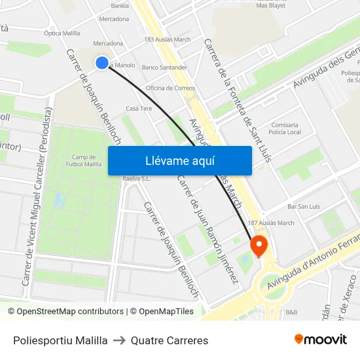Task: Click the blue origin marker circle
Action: coord(101,62)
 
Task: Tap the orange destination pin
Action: coord(259,245)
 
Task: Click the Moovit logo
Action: coord(320,339)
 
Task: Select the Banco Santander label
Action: coord(164,67)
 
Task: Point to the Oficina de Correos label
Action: coord(170,88)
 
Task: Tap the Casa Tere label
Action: coord(139,108)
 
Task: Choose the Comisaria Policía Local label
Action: coord(285,128)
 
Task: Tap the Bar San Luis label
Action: coord(304,206)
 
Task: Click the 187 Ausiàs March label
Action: coord(271,223)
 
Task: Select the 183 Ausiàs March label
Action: coord(167,40)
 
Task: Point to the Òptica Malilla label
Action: coord(62,33)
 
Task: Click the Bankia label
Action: coord(120,5)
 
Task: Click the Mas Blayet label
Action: coord(270,5)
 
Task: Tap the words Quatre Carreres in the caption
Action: coord(170,340)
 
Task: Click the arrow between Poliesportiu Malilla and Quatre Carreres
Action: coord(119,340)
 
